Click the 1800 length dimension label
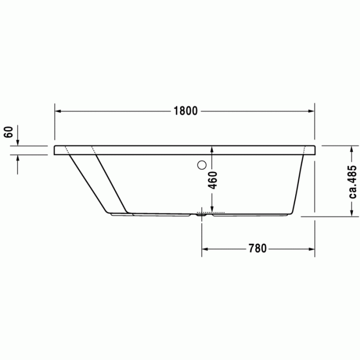[186, 111]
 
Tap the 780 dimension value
[258, 248]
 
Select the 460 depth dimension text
[212, 180]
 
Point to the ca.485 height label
[352, 182]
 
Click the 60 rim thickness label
[9, 132]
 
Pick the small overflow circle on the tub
[202, 165]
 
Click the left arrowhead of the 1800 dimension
[58, 111]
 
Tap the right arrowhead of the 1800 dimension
[311, 111]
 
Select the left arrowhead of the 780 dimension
[205, 249]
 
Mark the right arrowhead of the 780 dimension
[312, 249]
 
